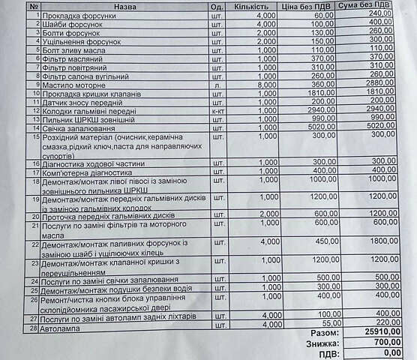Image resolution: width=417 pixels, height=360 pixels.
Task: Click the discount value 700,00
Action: (x=384, y=342)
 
